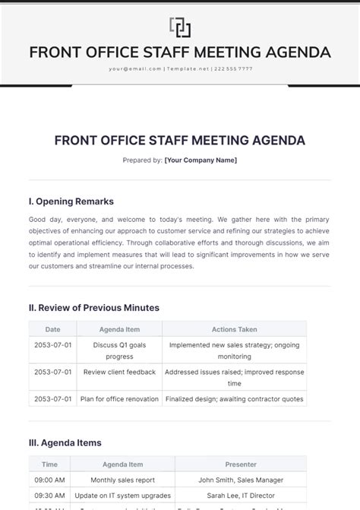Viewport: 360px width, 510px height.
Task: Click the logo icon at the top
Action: [x=180, y=27]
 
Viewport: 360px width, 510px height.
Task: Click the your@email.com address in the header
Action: [x=135, y=68]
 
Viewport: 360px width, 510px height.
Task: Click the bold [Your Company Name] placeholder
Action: [x=201, y=160]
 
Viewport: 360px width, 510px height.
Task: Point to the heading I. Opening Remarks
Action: [x=71, y=201]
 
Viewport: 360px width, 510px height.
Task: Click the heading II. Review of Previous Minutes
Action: [x=94, y=308]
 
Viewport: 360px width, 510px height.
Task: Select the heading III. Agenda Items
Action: [x=65, y=442]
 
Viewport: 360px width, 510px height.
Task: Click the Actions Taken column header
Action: [x=234, y=330]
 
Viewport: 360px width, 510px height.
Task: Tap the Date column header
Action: [x=52, y=330]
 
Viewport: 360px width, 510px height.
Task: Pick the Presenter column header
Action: [x=240, y=464]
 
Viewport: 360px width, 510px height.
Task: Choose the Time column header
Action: [x=49, y=464]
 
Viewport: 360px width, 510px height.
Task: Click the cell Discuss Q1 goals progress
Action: [x=119, y=350]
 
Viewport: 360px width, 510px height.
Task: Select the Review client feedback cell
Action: [x=119, y=372]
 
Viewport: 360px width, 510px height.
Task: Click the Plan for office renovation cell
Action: [x=119, y=399]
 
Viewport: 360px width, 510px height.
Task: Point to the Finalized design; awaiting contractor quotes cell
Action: [x=235, y=399]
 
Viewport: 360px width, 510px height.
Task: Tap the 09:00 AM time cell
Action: [x=49, y=480]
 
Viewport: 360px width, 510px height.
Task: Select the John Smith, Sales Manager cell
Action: [x=240, y=480]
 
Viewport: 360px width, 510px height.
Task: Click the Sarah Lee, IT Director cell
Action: [x=240, y=496]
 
